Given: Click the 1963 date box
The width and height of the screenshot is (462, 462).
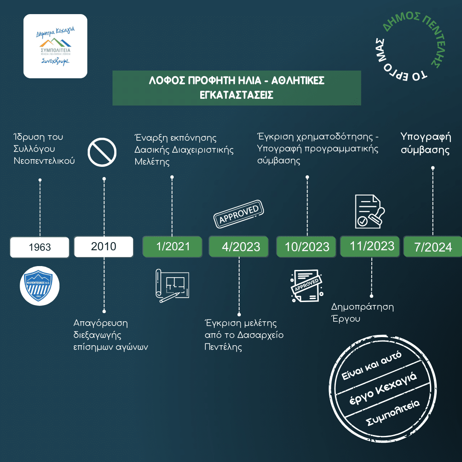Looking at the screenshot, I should [x=39, y=247].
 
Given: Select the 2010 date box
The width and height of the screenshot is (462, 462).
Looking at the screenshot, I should [x=104, y=247].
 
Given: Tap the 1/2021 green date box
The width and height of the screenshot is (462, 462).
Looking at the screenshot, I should [x=172, y=247].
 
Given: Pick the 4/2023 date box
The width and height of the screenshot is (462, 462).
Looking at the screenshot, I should [x=239, y=247].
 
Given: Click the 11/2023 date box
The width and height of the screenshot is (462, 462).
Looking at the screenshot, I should [x=371, y=246].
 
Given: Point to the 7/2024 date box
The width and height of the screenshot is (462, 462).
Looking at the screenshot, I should [x=432, y=247].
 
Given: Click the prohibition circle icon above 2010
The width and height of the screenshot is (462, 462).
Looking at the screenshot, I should [x=102, y=151].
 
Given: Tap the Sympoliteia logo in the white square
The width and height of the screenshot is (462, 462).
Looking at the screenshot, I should [x=55, y=46].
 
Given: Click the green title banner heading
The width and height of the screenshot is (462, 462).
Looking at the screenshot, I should [x=236, y=88].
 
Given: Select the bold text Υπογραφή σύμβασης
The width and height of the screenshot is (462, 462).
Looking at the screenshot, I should [x=426, y=144].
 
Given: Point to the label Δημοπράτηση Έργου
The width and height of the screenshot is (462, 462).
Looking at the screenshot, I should [x=362, y=313].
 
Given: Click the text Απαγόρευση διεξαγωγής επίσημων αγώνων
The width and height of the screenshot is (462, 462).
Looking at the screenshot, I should [x=111, y=335].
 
